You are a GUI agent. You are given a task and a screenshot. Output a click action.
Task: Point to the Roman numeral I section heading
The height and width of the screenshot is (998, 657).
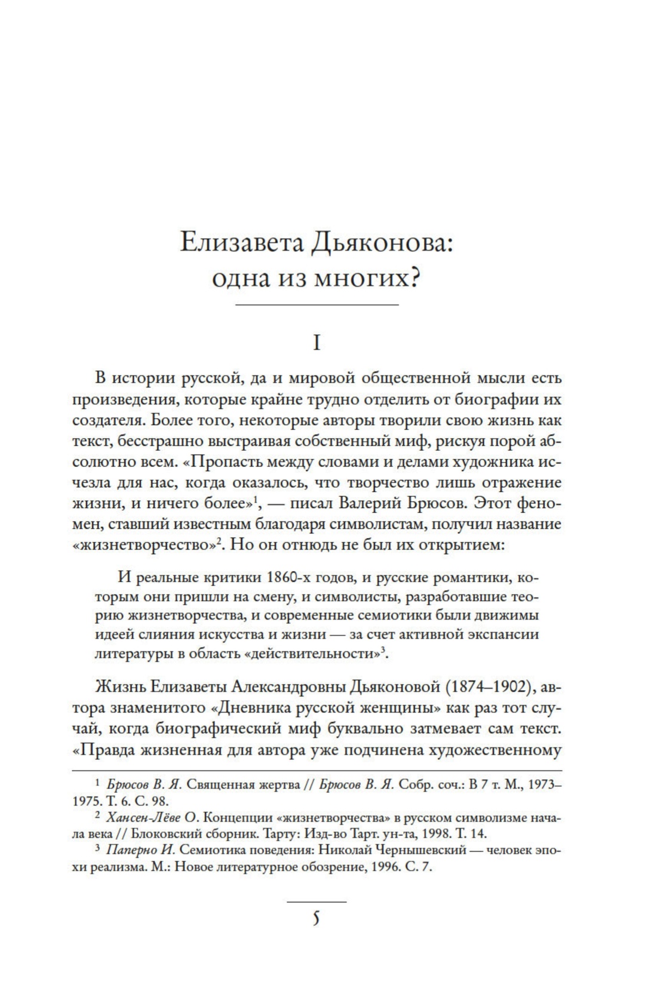pyautogui.click(x=317, y=343)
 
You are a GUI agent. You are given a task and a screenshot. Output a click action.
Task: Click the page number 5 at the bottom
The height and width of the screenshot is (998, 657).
pyautogui.click(x=317, y=918)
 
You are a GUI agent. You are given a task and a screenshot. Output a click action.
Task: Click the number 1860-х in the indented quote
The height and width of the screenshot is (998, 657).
pyautogui.click(x=294, y=578)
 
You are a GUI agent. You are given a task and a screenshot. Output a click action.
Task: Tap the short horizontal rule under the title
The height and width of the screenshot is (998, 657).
pyautogui.click(x=317, y=306)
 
